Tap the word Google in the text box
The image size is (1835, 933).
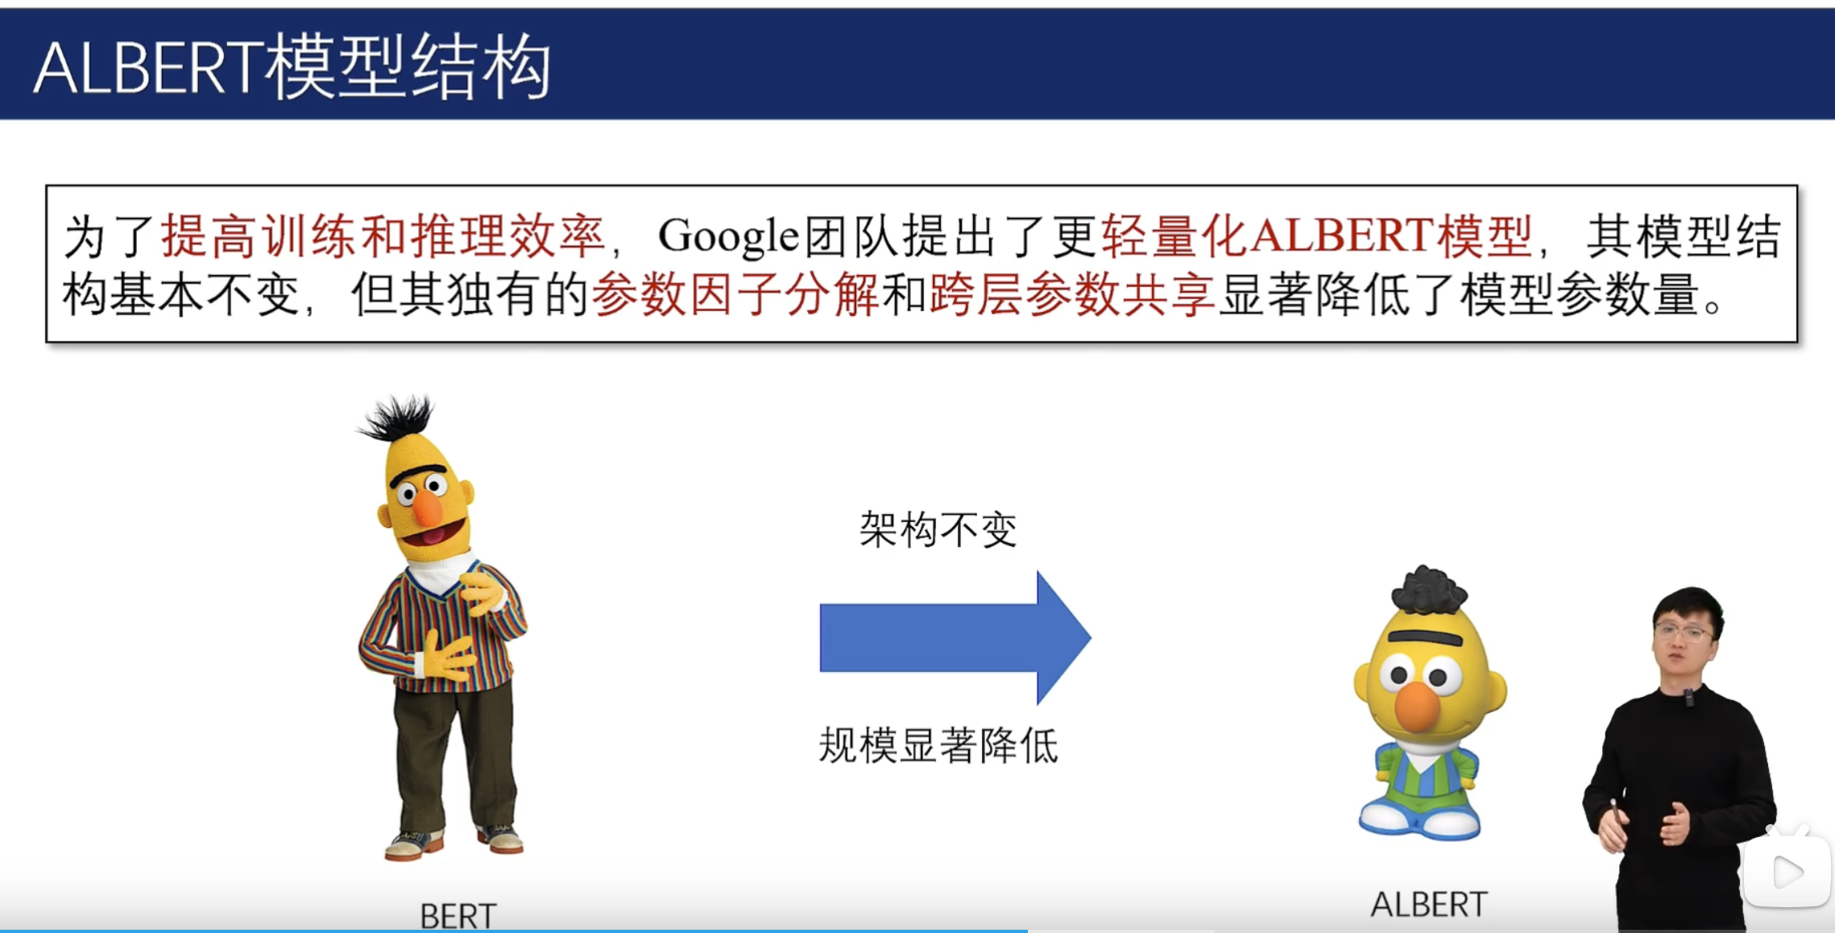[728, 237]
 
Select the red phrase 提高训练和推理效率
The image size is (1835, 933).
[383, 237]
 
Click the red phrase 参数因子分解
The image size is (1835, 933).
[735, 295]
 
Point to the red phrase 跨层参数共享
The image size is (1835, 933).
[1072, 295]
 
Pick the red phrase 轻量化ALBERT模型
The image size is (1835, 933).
[1316, 237]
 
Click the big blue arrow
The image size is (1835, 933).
[955, 637]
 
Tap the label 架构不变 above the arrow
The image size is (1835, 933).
[938, 530]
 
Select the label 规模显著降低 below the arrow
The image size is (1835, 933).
[938, 745]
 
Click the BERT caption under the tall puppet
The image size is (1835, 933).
[458, 916]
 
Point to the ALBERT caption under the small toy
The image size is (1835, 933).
[1429, 905]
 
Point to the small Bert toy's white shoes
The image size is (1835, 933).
[1419, 820]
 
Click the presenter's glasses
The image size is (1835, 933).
[1683, 633]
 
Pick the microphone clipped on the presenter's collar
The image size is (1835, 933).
[1689, 698]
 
